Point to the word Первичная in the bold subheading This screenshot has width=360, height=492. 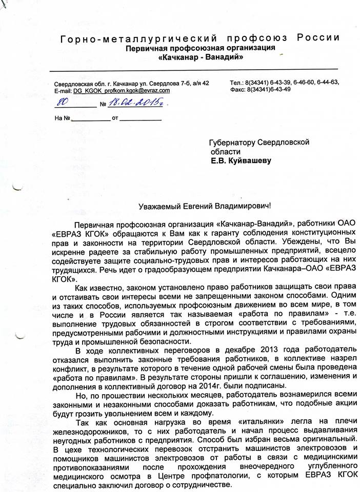146,48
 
